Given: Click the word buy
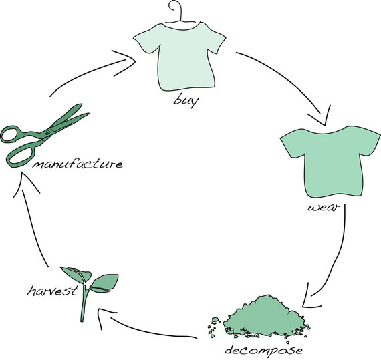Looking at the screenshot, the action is [186, 100].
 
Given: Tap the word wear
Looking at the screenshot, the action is [323, 208].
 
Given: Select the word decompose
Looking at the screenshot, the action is [264, 350].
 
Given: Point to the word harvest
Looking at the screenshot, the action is [53, 291].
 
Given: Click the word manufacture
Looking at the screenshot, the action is [78, 164].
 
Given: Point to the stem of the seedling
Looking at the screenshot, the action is [84, 303].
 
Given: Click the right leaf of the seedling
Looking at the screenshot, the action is [104, 283].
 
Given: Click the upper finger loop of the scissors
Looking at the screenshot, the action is [10, 134].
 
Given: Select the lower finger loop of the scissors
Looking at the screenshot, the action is [21, 155].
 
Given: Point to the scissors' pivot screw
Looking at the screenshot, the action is [47, 132].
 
